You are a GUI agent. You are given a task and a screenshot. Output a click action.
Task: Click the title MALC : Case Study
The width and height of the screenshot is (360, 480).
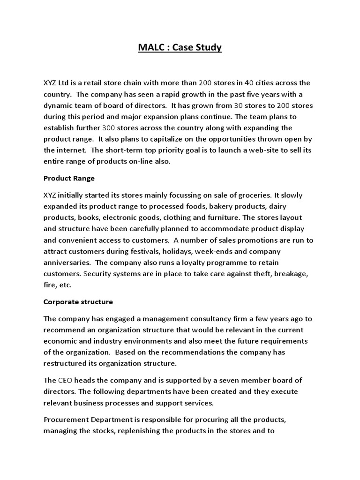[180, 47]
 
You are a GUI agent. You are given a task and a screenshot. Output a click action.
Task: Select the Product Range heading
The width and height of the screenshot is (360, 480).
[69, 178]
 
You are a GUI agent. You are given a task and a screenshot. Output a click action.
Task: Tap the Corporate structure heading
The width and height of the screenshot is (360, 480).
[78, 302]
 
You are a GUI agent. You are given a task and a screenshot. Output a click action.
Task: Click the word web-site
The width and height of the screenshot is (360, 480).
[261, 150]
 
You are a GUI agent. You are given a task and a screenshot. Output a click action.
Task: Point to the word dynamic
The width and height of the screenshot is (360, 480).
[58, 106]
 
